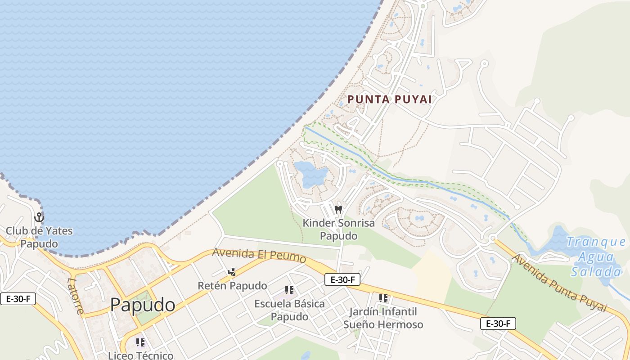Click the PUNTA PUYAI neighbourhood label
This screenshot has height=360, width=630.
pyautogui.click(x=390, y=99)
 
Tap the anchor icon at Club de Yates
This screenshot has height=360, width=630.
pyautogui.click(x=39, y=218)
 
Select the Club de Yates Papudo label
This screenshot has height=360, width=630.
pyautogui.click(x=39, y=238)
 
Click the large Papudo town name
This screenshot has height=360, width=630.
pyautogui.click(x=143, y=305)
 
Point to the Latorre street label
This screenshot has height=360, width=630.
pyautogui.click(x=75, y=296)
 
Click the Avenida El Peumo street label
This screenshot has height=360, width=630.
pyautogui.click(x=259, y=255)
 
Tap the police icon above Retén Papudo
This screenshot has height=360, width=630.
pyautogui.click(x=232, y=272)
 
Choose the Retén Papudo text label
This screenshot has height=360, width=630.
pyautogui.click(x=232, y=286)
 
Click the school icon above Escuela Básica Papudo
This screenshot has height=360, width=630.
pyautogui.click(x=289, y=290)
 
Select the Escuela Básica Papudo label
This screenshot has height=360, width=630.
pyautogui.click(x=289, y=310)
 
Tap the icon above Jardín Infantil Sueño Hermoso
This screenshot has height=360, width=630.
pyautogui.click(x=383, y=298)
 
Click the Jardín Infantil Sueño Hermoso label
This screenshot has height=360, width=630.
pyautogui.click(x=383, y=318)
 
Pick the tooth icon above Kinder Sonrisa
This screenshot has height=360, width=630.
pyautogui.click(x=338, y=209)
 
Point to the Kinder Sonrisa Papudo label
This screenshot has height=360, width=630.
pyautogui.click(x=338, y=229)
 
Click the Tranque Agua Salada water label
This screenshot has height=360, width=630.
pyautogui.click(x=596, y=257)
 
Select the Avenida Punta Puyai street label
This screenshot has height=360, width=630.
pyautogui.click(x=559, y=283)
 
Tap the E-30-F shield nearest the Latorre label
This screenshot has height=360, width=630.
pyautogui.click(x=18, y=299)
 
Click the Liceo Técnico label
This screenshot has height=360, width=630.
pyautogui.click(x=140, y=355)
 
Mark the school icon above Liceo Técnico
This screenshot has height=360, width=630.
pyautogui.click(x=140, y=342)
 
